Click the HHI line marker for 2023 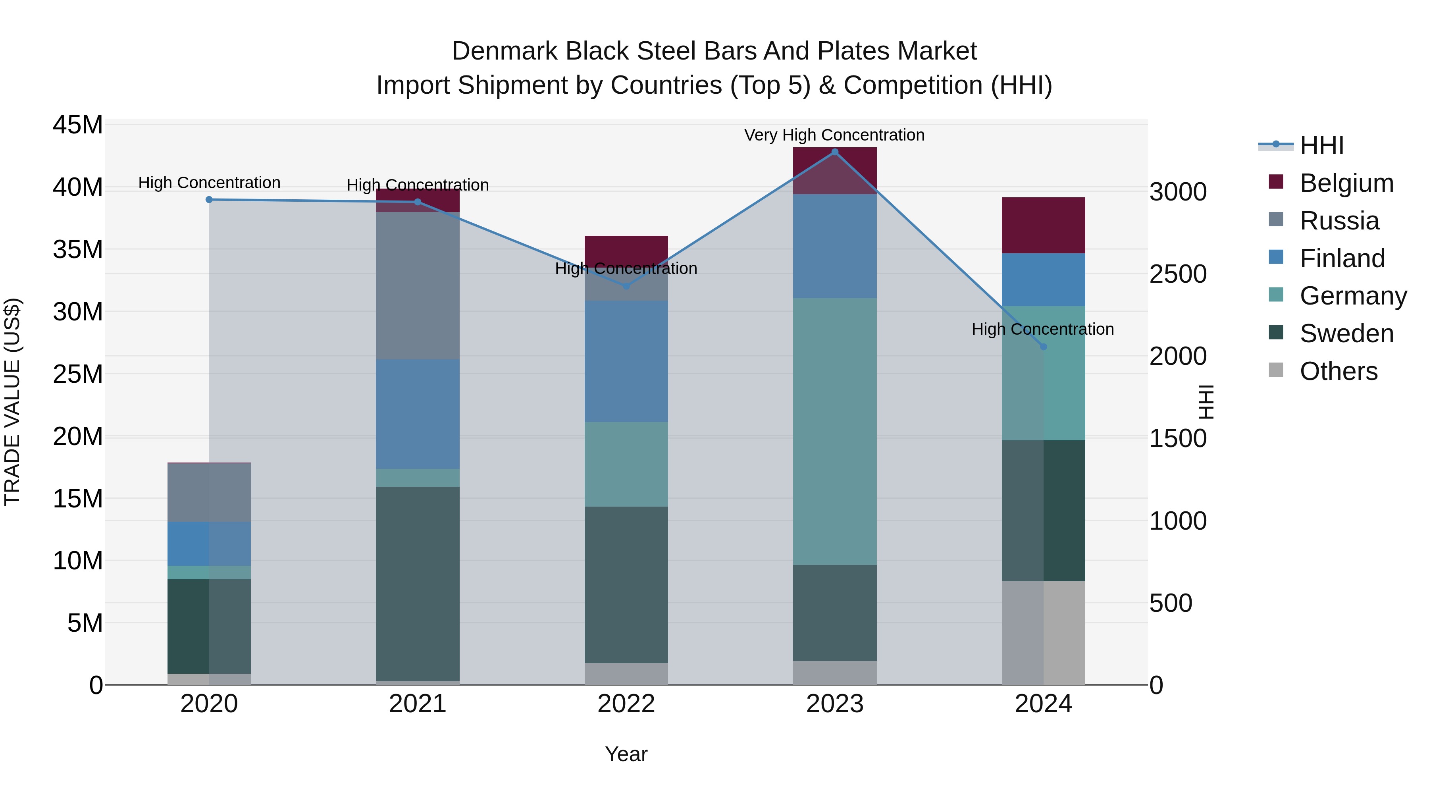[x=834, y=152]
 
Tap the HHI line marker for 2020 [x=209, y=200]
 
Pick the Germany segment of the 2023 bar [x=834, y=431]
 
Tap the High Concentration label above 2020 [x=209, y=183]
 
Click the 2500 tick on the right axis [x=1177, y=274]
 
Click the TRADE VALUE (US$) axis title [x=13, y=402]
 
